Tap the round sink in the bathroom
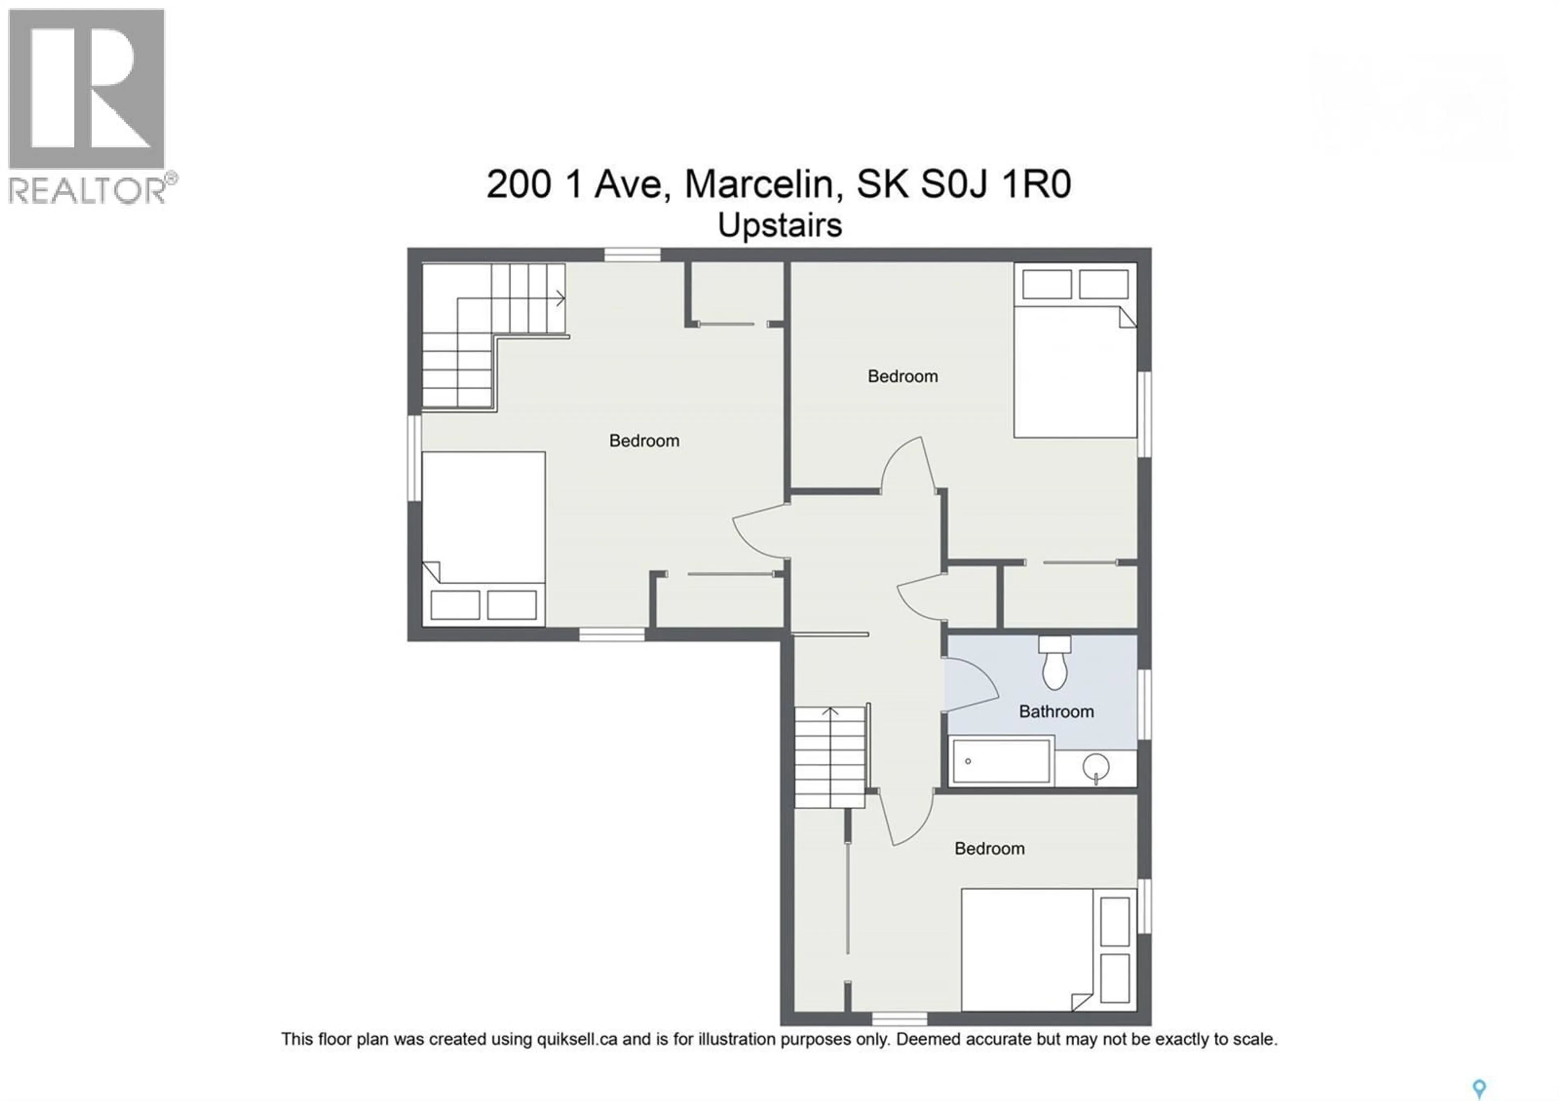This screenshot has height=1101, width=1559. point(1096,768)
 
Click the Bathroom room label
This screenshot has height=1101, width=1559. point(1056,711)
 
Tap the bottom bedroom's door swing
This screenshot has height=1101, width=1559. point(907,820)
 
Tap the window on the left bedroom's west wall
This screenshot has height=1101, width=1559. point(414,458)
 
